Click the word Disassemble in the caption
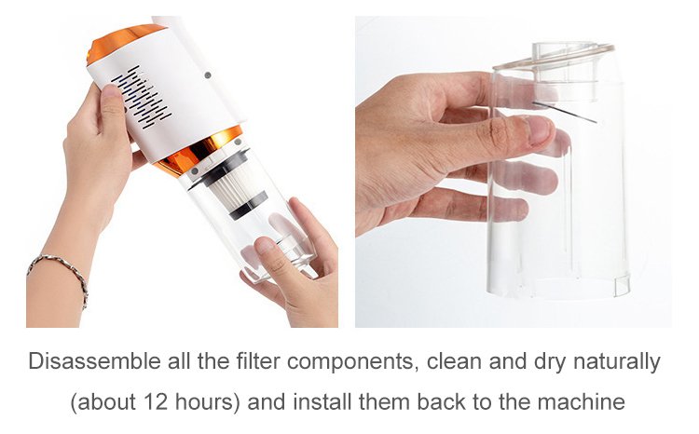(94, 361)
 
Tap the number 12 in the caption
(156, 401)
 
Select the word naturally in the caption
(617, 362)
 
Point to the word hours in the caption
(204, 401)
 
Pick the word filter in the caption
(258, 361)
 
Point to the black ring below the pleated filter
(249, 206)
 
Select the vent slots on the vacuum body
(142, 97)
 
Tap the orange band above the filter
(197, 152)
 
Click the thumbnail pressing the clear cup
(540, 129)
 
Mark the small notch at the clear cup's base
(622, 285)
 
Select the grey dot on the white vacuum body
(207, 75)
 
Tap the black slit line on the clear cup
(565, 113)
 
